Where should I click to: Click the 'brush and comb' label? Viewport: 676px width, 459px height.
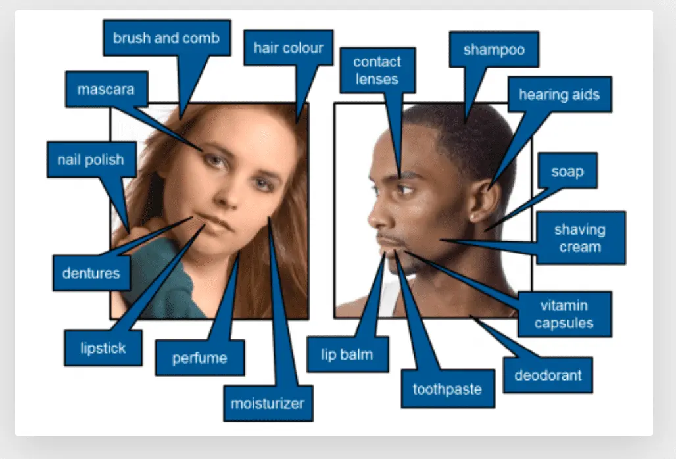point(166,38)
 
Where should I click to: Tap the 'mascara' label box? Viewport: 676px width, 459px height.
point(106,89)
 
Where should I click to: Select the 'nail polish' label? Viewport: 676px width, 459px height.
point(91,159)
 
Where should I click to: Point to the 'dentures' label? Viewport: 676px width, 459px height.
point(91,272)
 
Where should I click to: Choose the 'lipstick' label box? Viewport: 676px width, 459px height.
point(103,348)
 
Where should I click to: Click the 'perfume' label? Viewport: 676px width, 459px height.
point(199,358)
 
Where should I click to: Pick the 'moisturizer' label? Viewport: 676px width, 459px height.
point(268,402)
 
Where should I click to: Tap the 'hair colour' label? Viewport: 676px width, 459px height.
point(288,47)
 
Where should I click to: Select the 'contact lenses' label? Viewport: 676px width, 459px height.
point(377,70)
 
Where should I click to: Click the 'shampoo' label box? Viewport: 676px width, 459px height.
point(493,49)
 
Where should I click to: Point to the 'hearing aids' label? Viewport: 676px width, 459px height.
point(559,94)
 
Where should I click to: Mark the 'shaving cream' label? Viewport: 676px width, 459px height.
point(579,237)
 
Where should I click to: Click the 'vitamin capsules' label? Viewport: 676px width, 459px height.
point(564,314)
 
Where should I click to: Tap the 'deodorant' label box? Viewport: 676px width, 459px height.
point(548,375)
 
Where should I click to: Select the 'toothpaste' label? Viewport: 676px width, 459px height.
point(447,389)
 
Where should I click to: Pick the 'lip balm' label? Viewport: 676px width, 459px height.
point(347,354)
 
